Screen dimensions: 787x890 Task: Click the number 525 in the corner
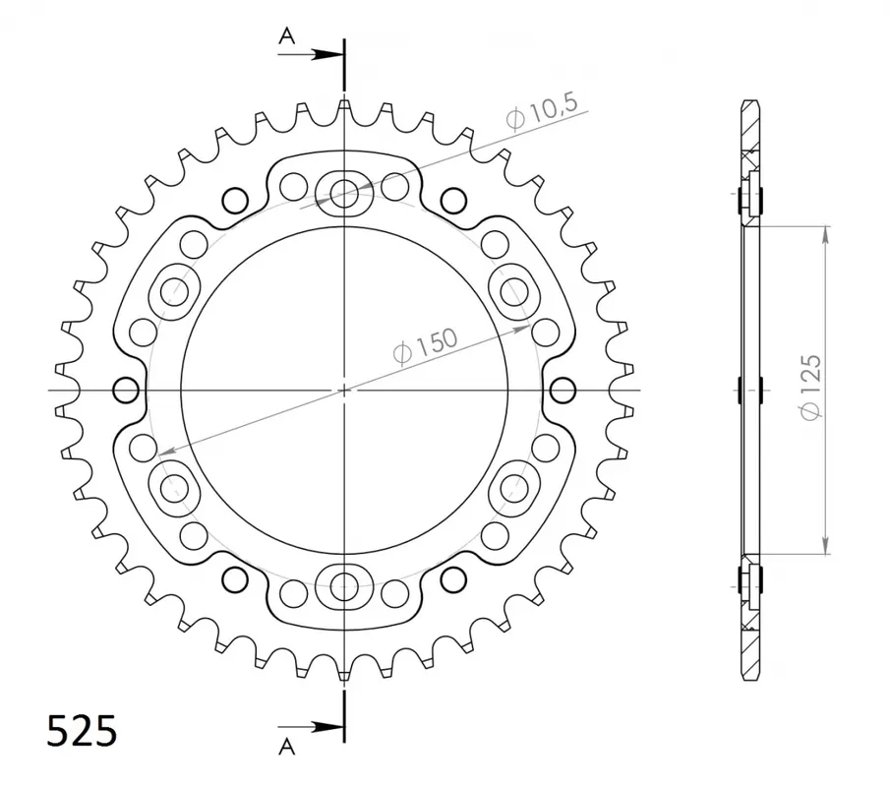point(83,731)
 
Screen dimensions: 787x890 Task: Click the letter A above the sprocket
point(286,36)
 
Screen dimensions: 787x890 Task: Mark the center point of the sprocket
point(344,391)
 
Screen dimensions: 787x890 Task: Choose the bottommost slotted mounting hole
point(344,587)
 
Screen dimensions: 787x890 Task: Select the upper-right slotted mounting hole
point(514,291)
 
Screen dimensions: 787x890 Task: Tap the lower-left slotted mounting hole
point(174,486)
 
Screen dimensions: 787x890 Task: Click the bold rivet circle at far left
point(126,391)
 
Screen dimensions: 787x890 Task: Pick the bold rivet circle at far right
point(563,391)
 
